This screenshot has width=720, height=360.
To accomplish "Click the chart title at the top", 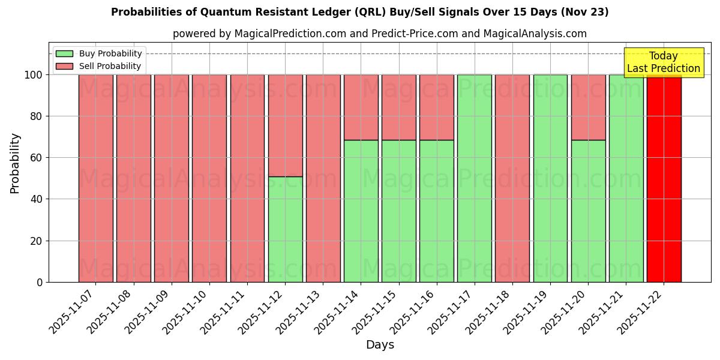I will click(x=360, y=12).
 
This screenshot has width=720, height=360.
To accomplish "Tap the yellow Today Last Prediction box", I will click(x=664, y=62).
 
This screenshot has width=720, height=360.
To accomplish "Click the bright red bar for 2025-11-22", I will click(x=664, y=180).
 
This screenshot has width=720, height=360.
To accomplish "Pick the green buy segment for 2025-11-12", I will click(x=285, y=229).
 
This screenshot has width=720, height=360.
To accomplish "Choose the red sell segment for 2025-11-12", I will click(x=285, y=125).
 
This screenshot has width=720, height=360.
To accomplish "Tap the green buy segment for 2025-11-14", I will click(x=361, y=211).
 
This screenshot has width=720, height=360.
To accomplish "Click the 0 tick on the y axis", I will click(x=40, y=282).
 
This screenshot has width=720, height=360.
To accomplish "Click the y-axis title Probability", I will click(x=15, y=163).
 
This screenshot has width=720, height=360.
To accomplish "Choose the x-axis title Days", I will click(x=380, y=345).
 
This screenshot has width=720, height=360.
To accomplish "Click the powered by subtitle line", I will click(x=380, y=34).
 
